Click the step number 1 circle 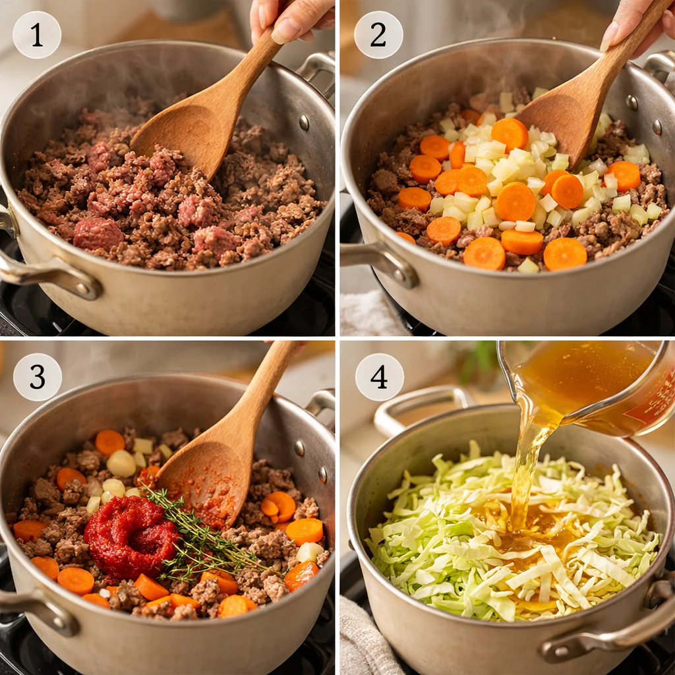pyautogui.click(x=37, y=35)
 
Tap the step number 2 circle pyautogui.click(x=378, y=35)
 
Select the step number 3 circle pyautogui.click(x=37, y=377)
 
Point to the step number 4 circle pyautogui.click(x=379, y=377)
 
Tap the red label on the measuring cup pyautogui.click(x=653, y=402)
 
